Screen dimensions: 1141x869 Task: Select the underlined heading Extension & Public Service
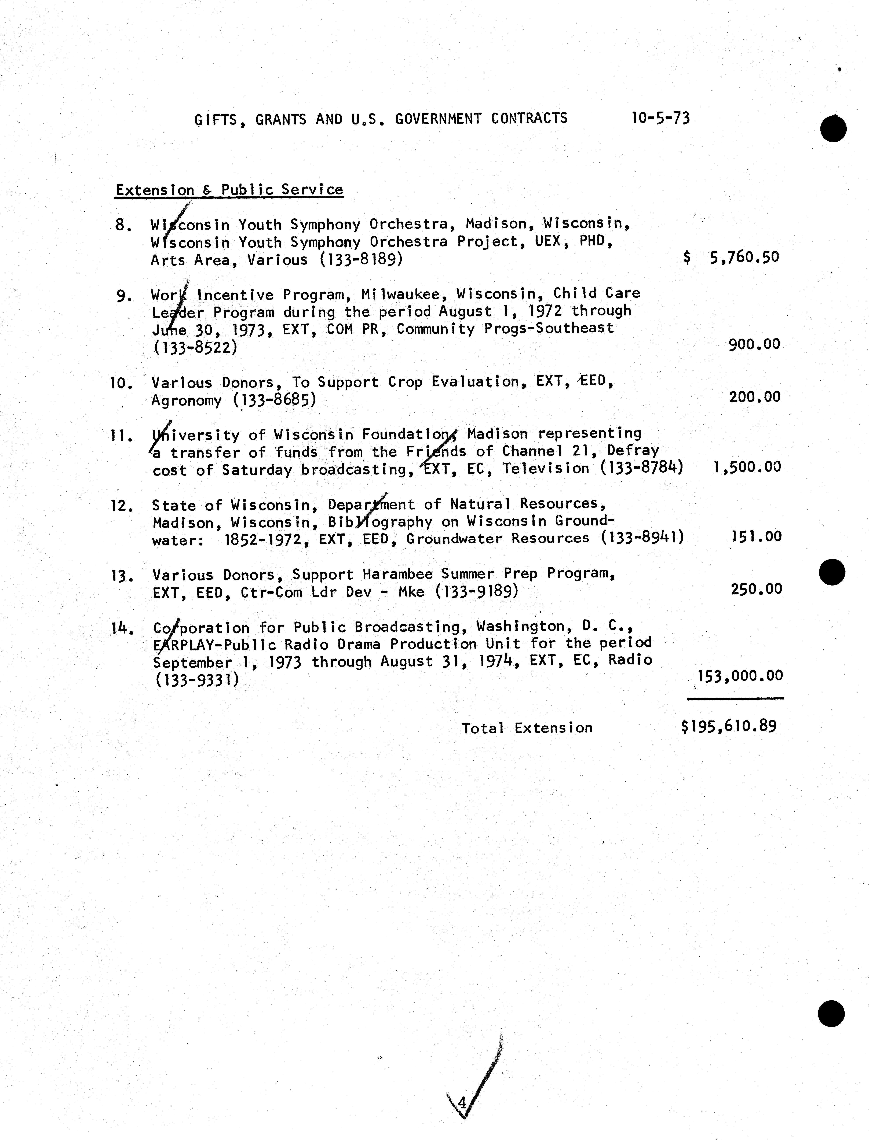(229, 190)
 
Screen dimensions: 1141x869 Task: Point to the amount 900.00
(754, 344)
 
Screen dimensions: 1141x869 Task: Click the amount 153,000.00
(740, 675)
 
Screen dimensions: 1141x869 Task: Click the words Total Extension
(527, 728)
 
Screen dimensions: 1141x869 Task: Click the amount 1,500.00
(746, 467)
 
